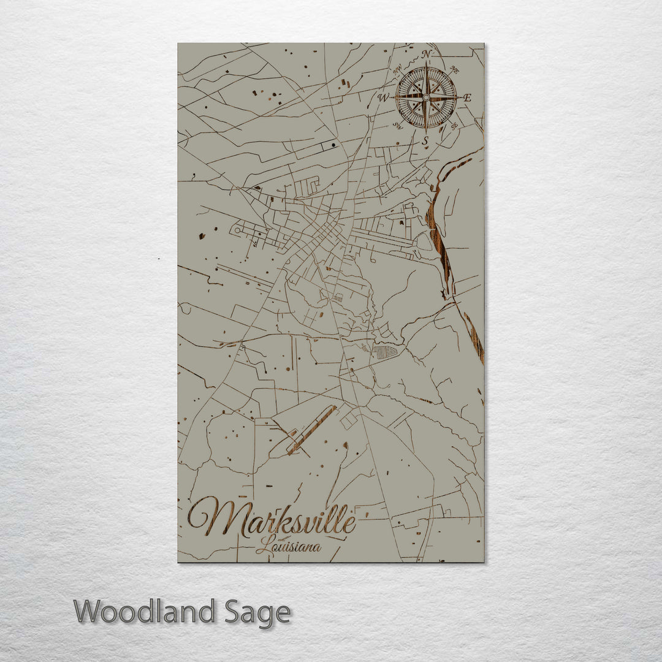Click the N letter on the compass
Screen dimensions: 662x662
click(x=427, y=55)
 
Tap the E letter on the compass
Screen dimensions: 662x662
click(x=467, y=97)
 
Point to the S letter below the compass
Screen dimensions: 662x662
click(x=424, y=141)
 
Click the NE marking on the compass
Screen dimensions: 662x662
click(x=454, y=69)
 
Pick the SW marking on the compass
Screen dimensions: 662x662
click(x=398, y=127)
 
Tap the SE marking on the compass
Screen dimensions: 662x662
click(x=454, y=126)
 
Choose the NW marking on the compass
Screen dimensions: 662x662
click(x=397, y=69)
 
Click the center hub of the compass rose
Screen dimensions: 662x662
click(x=426, y=97)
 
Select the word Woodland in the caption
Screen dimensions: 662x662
click(x=145, y=612)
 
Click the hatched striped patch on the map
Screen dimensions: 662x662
click(x=384, y=352)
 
